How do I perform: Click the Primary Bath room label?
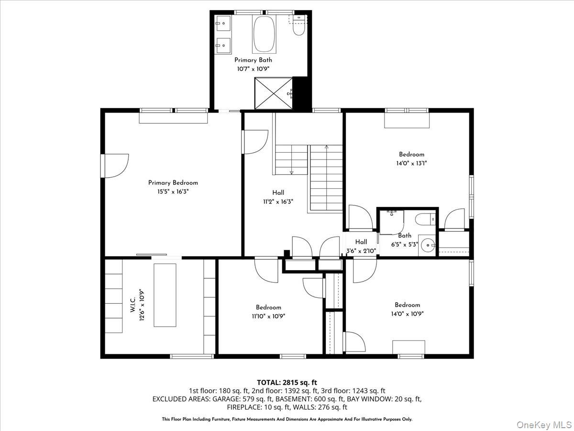tap(253, 60)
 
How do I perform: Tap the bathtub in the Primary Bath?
tap(264, 34)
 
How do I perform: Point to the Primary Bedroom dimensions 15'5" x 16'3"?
tap(173, 192)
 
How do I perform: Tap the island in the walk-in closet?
tap(165, 295)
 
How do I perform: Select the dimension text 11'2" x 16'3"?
tap(278, 202)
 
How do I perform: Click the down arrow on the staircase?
tap(290, 171)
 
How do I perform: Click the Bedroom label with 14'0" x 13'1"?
tap(411, 154)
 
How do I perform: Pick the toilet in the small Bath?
tap(425, 219)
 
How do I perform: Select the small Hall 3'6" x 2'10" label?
tap(361, 242)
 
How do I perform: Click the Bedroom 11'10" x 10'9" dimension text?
tap(268, 316)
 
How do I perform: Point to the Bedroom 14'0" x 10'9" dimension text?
tap(408, 314)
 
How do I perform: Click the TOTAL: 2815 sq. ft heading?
tap(287, 382)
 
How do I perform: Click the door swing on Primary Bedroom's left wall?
tap(115, 166)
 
